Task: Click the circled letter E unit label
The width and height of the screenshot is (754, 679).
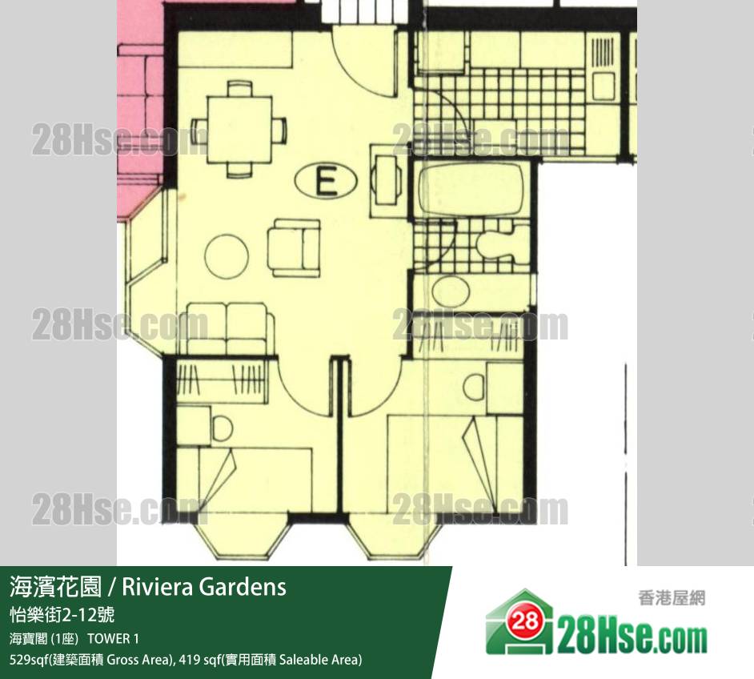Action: pyautogui.click(x=326, y=181)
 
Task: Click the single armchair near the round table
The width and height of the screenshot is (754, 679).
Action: pyautogui.click(x=294, y=248)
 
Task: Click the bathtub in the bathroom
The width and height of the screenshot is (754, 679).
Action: pyautogui.click(x=471, y=190)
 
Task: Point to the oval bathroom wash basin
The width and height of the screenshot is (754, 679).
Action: pyautogui.click(x=451, y=291)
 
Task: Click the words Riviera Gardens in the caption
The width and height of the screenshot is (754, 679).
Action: pyautogui.click(x=204, y=587)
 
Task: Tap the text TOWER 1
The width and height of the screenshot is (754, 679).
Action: pyautogui.click(x=114, y=639)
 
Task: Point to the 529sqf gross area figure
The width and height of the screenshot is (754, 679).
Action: pyautogui.click(x=25, y=659)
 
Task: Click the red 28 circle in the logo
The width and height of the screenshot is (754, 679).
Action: pyautogui.click(x=527, y=622)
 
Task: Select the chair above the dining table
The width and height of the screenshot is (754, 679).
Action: pyautogui.click(x=239, y=89)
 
